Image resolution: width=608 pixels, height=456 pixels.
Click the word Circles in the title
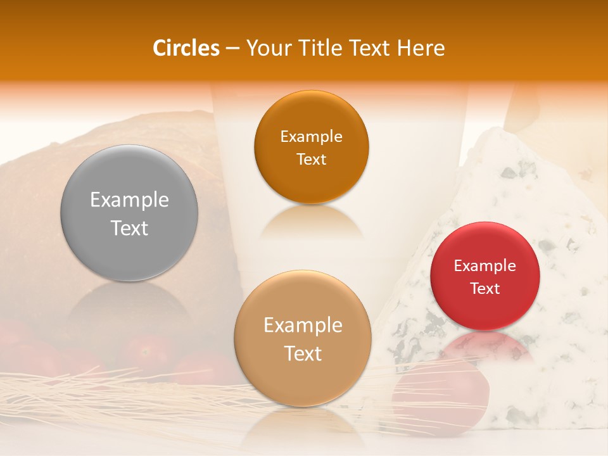186,48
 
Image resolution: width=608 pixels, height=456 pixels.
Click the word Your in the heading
267,48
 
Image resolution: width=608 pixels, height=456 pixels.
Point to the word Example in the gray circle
129,200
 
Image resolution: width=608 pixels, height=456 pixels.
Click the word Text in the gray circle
129,228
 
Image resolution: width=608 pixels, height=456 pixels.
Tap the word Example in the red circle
485,266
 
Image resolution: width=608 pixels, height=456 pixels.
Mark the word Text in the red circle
485,289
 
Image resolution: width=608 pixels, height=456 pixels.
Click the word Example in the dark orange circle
311,137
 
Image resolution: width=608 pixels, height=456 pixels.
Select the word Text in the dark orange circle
311,160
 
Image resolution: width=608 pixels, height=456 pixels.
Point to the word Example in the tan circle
303,326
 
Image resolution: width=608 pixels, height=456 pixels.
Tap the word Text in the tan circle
303,353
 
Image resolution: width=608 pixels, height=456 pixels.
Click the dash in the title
232,48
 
